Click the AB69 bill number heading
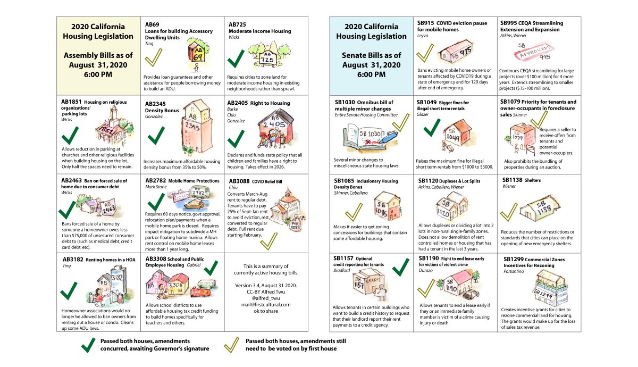point(152,24)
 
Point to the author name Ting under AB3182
point(66,265)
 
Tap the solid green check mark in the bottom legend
point(86,345)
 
